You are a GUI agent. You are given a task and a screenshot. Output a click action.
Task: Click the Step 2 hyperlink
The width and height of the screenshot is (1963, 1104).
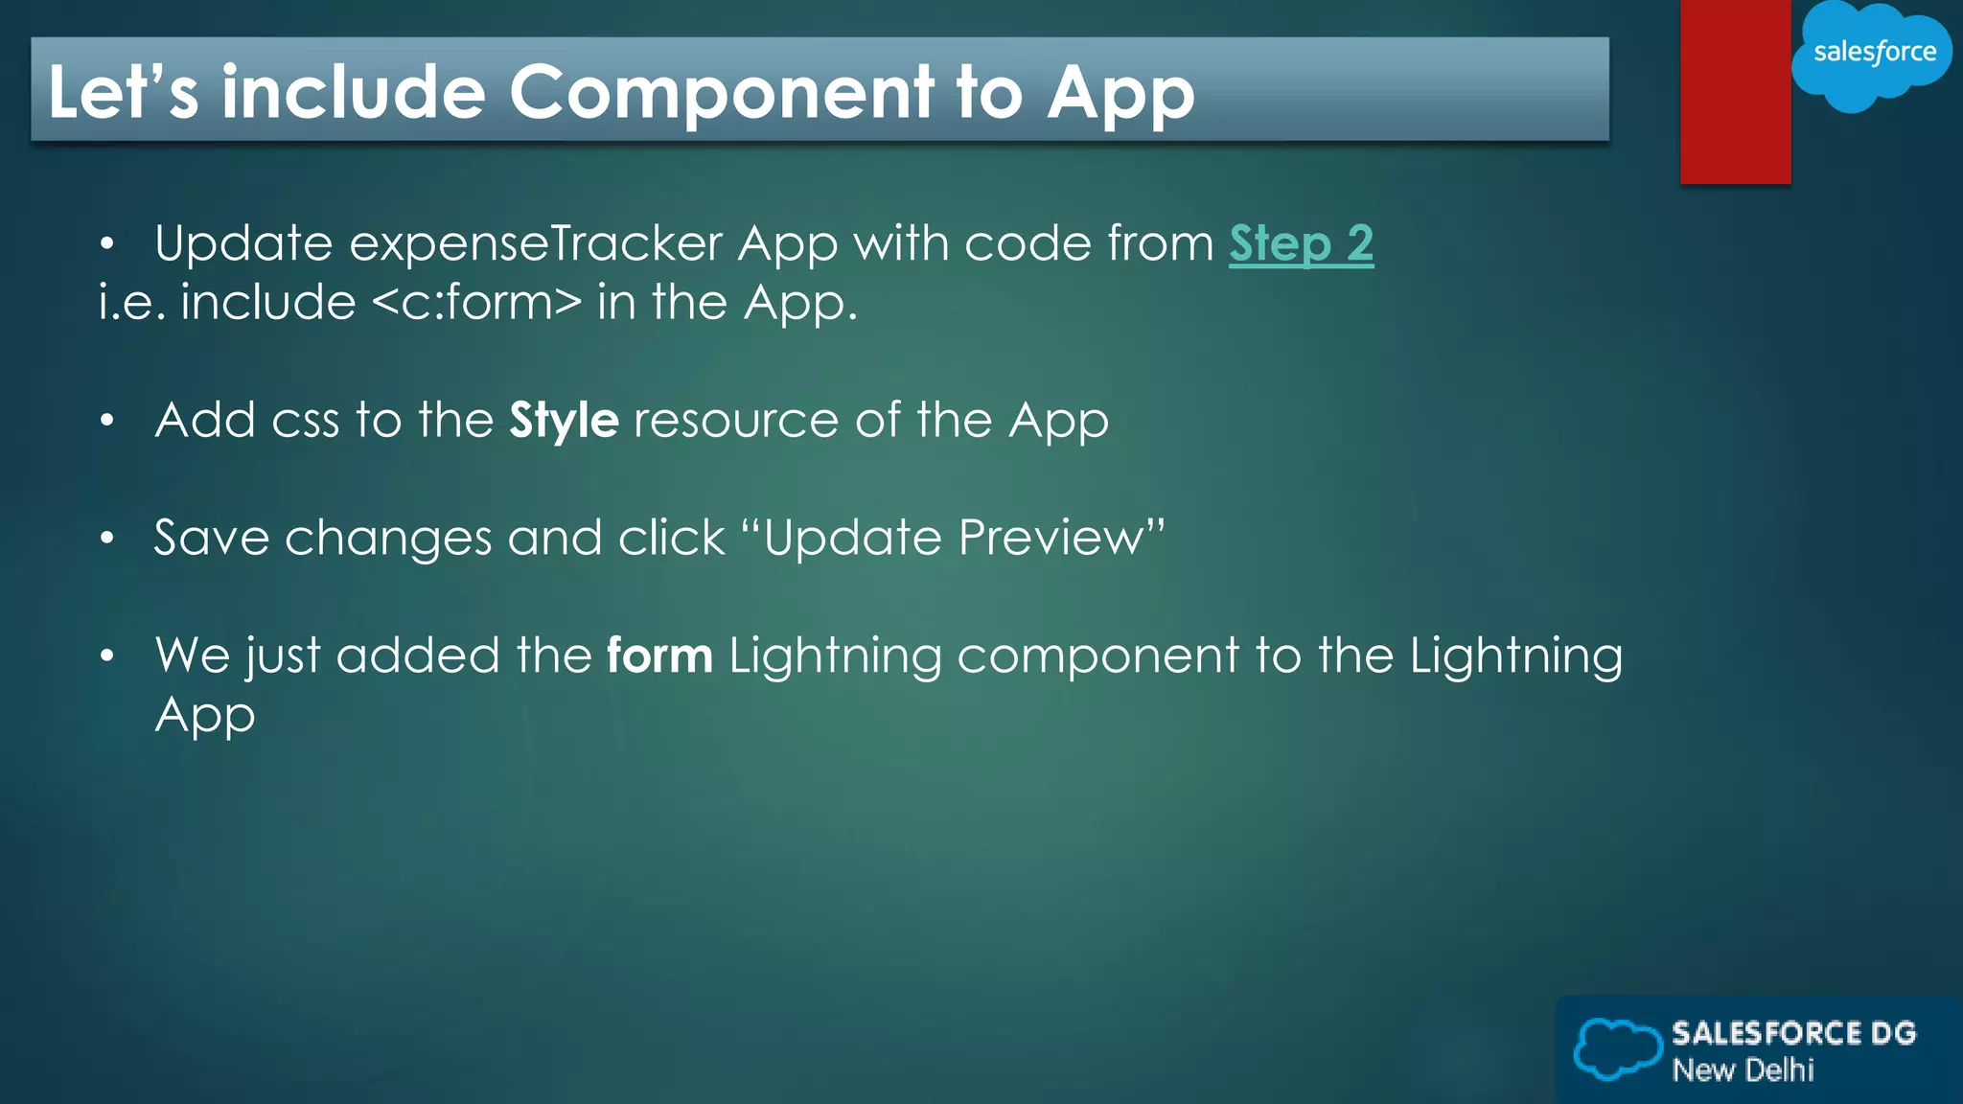1301,243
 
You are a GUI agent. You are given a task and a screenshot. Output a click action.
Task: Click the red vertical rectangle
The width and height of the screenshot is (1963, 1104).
1735,92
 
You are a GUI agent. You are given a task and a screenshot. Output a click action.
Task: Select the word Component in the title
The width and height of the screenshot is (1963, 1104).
721,94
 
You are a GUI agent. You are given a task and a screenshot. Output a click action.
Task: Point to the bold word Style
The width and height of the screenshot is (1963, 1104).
564,421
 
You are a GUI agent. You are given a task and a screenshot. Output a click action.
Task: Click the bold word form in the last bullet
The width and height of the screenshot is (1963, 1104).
659,656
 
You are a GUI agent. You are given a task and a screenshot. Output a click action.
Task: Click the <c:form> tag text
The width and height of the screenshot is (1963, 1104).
476,303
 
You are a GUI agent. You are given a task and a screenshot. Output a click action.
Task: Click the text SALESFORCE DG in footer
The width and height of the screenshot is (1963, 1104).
1793,1033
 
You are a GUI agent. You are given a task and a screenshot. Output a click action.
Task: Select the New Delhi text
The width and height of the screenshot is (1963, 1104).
1743,1069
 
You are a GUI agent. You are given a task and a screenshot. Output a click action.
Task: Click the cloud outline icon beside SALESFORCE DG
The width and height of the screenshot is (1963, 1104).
1618,1048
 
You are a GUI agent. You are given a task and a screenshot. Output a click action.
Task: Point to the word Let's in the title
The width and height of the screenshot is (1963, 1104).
123,94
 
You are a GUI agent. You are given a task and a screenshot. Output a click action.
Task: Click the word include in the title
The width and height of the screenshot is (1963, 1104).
354,94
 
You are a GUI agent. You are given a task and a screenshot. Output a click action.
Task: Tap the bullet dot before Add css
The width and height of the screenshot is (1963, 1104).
107,420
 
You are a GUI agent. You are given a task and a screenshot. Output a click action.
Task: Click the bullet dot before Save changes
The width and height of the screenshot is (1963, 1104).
107,538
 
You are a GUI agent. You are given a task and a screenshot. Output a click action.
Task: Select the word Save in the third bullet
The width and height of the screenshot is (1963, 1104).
212,538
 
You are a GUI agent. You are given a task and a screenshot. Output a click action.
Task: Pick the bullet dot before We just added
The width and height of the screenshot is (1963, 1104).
107,656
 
